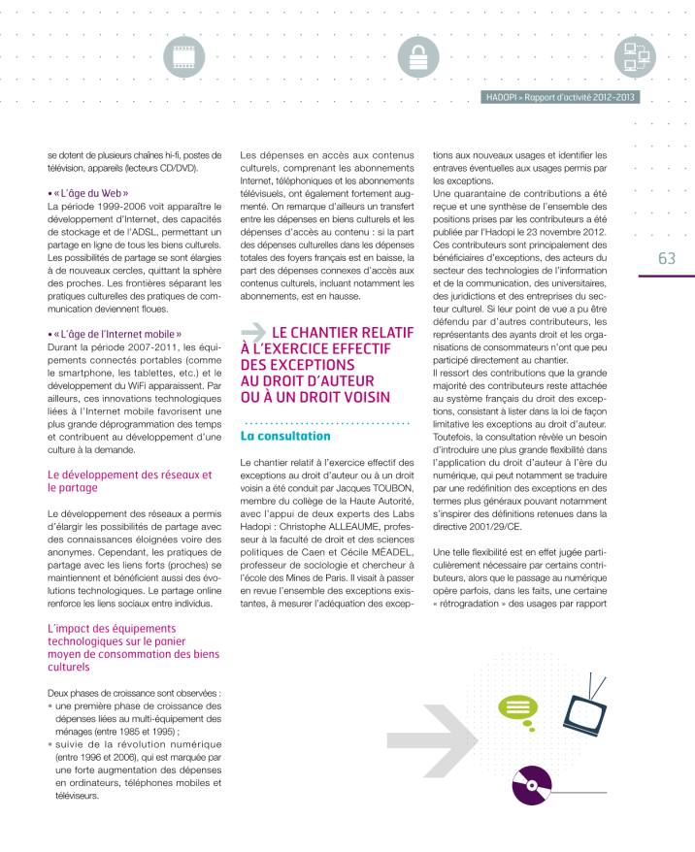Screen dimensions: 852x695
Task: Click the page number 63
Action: click(x=666, y=258)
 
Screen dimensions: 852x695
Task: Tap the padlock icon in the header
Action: click(x=418, y=59)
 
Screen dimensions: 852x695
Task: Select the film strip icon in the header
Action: click(x=183, y=59)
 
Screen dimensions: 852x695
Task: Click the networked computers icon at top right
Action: click(x=635, y=59)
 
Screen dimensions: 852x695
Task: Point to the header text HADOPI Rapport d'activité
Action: click(x=560, y=97)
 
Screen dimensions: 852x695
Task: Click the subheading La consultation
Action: click(x=285, y=437)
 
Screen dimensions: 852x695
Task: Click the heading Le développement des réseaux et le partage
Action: click(x=129, y=481)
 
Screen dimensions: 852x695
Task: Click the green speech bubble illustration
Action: click(x=516, y=707)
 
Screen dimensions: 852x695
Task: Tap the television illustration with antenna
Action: click(x=584, y=711)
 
